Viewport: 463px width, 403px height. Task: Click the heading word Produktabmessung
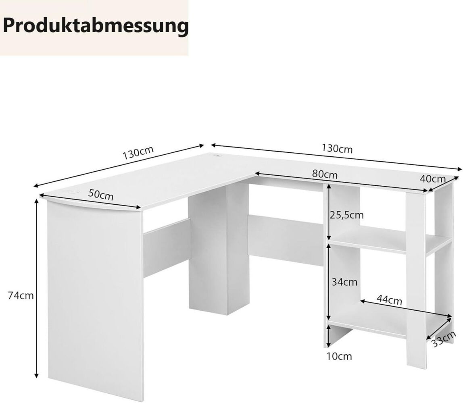pos(96,27)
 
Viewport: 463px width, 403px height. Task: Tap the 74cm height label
pos(21,295)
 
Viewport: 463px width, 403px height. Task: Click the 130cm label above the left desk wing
pos(138,153)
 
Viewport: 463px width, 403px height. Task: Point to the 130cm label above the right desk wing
pos(337,149)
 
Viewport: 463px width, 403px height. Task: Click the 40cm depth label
pos(432,179)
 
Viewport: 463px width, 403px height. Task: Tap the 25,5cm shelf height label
pos(347,215)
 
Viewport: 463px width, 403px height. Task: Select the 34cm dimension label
pos(344,282)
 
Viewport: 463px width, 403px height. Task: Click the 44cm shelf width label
pos(389,300)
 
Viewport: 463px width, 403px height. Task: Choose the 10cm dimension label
pos(340,356)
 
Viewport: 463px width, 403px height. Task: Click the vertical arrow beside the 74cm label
pos(37,289)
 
